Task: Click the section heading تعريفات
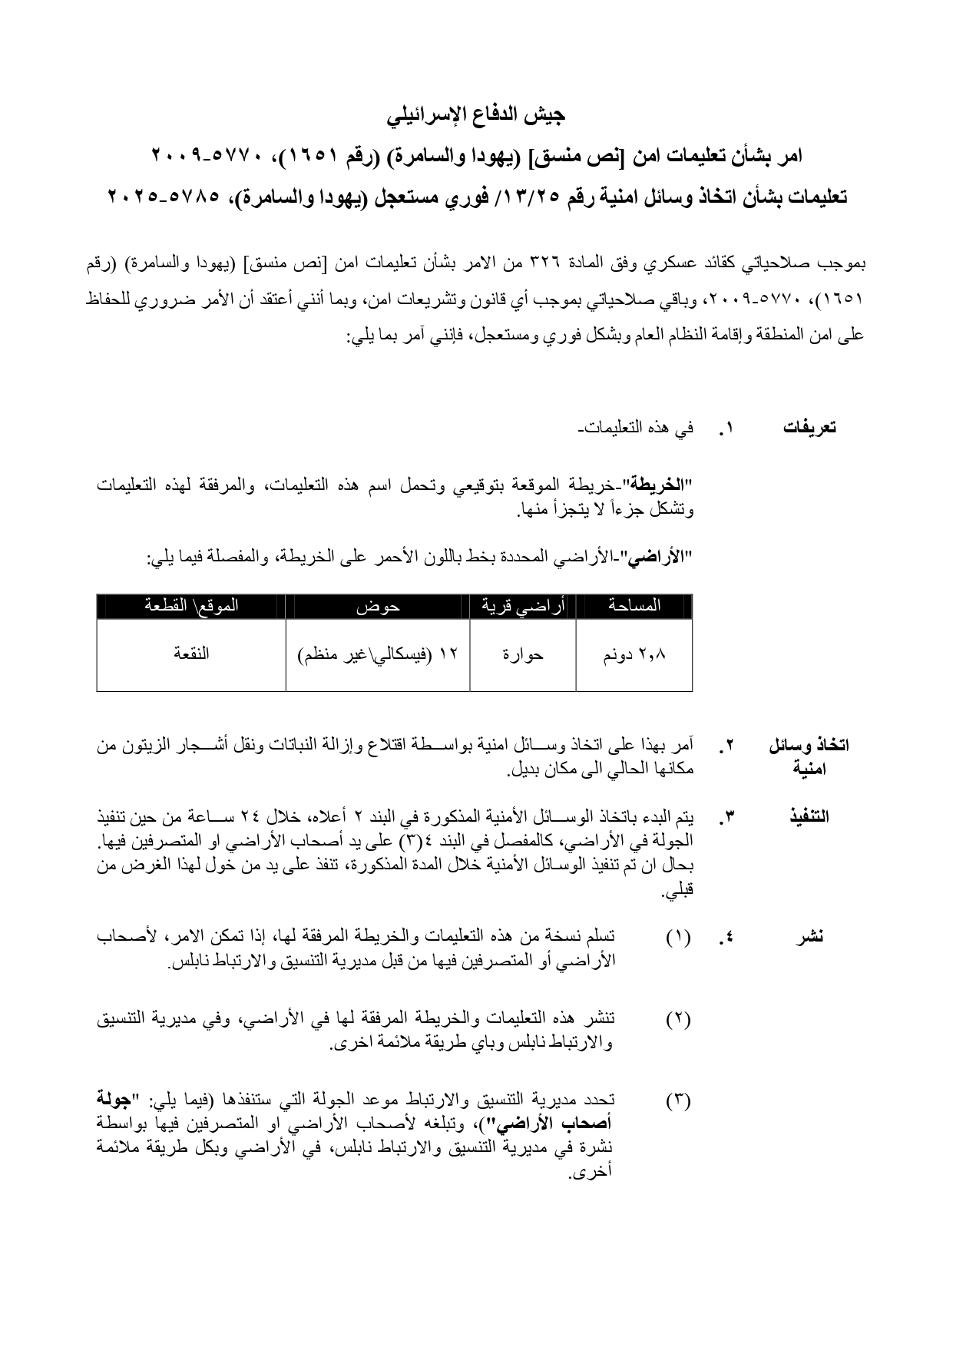(809, 429)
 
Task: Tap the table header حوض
(377, 606)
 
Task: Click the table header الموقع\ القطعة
(191, 606)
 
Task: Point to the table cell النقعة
(191, 654)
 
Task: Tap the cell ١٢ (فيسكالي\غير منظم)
(377, 655)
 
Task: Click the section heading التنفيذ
(809, 816)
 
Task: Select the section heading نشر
(809, 936)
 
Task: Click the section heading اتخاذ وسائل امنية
(809, 756)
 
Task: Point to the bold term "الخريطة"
(658, 486)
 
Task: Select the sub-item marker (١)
(678, 937)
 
